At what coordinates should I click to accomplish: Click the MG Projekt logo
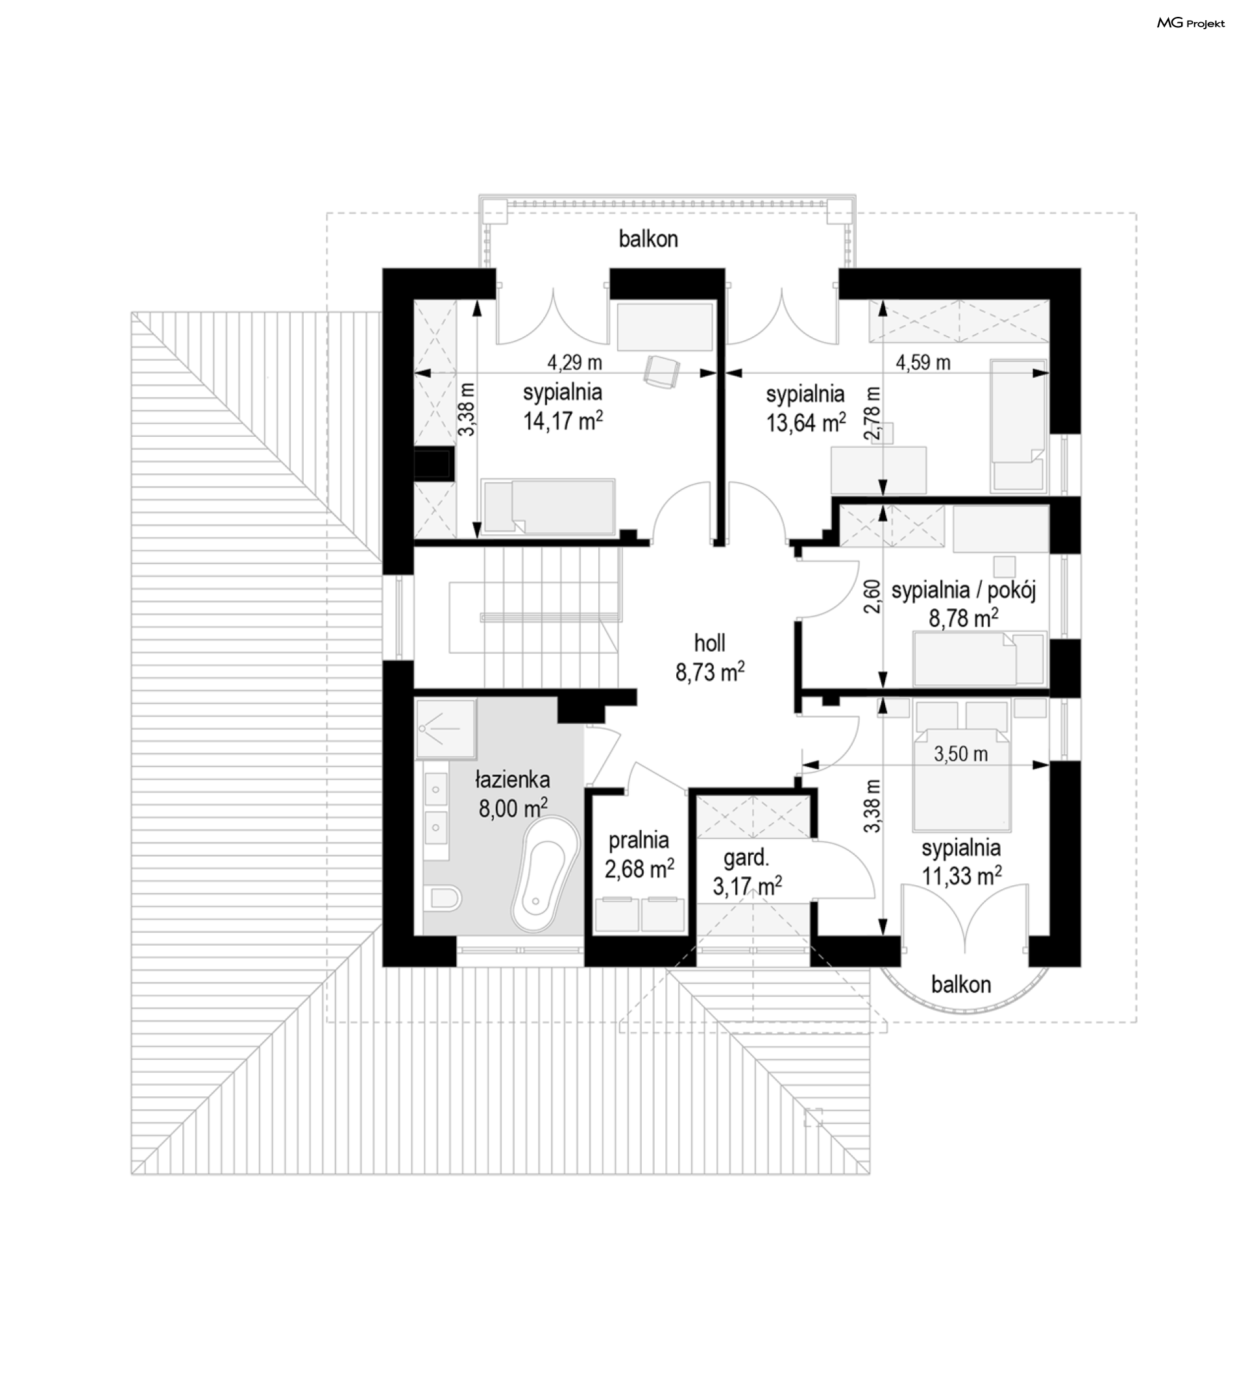(x=1191, y=23)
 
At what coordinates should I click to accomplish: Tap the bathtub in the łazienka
(x=545, y=874)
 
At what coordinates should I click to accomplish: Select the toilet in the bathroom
(x=442, y=898)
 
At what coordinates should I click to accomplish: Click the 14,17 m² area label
(x=563, y=421)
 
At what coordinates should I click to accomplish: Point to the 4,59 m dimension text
(x=923, y=362)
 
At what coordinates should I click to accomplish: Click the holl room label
(x=710, y=643)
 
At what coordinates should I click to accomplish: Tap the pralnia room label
(x=639, y=840)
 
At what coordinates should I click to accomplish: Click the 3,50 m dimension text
(x=960, y=754)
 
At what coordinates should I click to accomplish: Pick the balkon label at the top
(x=648, y=239)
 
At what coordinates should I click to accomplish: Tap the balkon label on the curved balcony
(x=961, y=985)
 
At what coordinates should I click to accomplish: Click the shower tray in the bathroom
(x=445, y=729)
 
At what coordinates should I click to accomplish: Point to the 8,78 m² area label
(x=963, y=619)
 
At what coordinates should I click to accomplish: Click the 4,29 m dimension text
(x=574, y=362)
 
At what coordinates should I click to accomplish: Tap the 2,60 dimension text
(x=872, y=596)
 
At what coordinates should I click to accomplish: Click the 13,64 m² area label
(x=805, y=423)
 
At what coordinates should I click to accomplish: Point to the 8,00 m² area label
(x=513, y=808)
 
